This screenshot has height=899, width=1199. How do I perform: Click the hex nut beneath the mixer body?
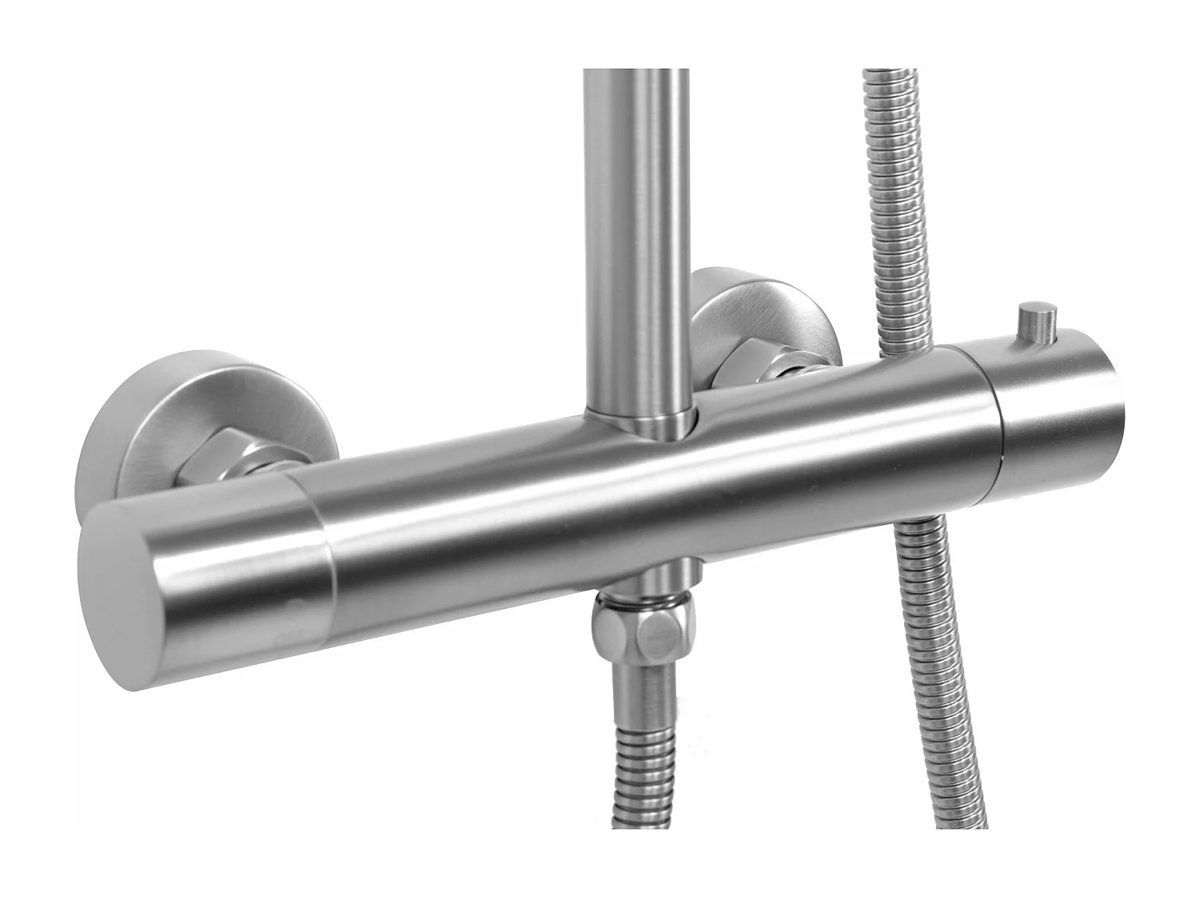pyautogui.click(x=649, y=635)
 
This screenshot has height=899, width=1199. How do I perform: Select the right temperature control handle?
pyautogui.click(x=1039, y=416)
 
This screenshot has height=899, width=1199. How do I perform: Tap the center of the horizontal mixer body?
pyautogui.click(x=639, y=495)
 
